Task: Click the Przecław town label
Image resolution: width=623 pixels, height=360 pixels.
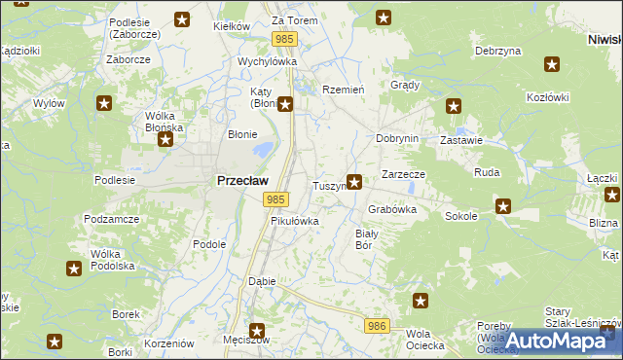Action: coord(237,180)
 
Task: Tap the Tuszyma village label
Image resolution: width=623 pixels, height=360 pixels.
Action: coord(329,185)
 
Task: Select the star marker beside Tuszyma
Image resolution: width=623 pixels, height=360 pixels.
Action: coord(355,181)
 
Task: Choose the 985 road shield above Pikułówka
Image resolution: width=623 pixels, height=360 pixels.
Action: coord(275,199)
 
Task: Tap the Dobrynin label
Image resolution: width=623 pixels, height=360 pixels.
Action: coord(397,138)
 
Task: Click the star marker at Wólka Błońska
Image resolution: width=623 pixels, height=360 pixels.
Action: coord(165,140)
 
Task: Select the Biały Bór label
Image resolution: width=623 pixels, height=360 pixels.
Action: coord(365,239)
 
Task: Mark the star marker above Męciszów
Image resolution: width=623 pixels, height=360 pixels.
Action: coord(258,331)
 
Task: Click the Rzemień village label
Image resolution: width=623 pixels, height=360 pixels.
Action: coord(343,89)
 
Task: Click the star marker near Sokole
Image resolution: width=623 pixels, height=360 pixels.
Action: coord(503,205)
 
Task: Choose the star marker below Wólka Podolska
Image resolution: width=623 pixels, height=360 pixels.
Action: coord(74,269)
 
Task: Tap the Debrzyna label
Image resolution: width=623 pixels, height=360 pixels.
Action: coord(495,51)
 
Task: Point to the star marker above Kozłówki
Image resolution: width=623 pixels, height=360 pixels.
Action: coord(552,65)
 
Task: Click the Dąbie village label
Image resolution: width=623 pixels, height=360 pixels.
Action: coord(262,281)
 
